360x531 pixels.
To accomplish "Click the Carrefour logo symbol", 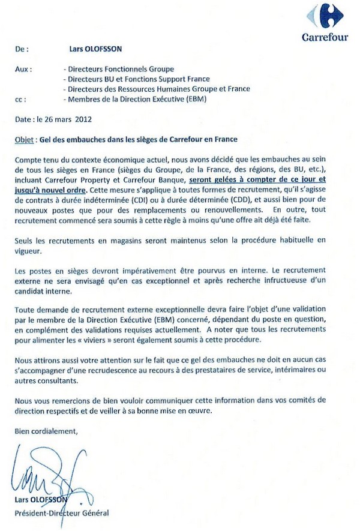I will pyautogui.click(x=325, y=16).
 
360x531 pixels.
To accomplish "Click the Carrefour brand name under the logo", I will pyautogui.click(x=325, y=37).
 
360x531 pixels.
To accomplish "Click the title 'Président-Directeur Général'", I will pyautogui.click(x=62, y=514).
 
